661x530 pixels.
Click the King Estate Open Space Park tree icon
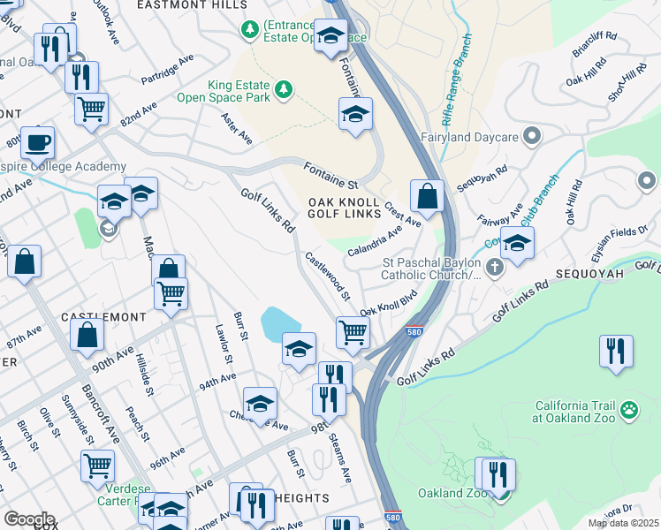pyautogui.click(x=284, y=89)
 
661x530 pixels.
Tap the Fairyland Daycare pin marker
pyautogui.click(x=531, y=137)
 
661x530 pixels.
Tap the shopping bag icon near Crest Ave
pyautogui.click(x=427, y=196)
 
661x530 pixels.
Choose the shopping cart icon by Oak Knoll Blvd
pyautogui.click(x=353, y=332)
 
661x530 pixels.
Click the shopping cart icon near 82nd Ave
pyautogui.click(x=91, y=109)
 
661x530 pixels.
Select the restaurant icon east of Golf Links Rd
pyautogui.click(x=615, y=350)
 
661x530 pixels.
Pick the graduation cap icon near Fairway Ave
pyautogui.click(x=518, y=243)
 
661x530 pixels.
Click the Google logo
pyautogui.click(x=28, y=519)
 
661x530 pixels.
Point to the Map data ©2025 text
pyautogui.click(x=623, y=523)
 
